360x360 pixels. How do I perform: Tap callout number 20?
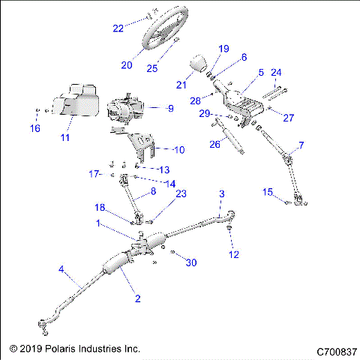pos(126,64)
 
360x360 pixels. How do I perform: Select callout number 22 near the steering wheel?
pos(118,28)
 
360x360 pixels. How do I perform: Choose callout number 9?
pos(170,108)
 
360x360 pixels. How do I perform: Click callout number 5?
pos(261,73)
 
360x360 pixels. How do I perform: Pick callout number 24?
pos(275,73)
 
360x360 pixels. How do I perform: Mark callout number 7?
pos(301,145)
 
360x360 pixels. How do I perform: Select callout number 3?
pos(221,194)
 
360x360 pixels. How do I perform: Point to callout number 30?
pos(191,262)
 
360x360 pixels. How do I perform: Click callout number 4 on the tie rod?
pos(61,270)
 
